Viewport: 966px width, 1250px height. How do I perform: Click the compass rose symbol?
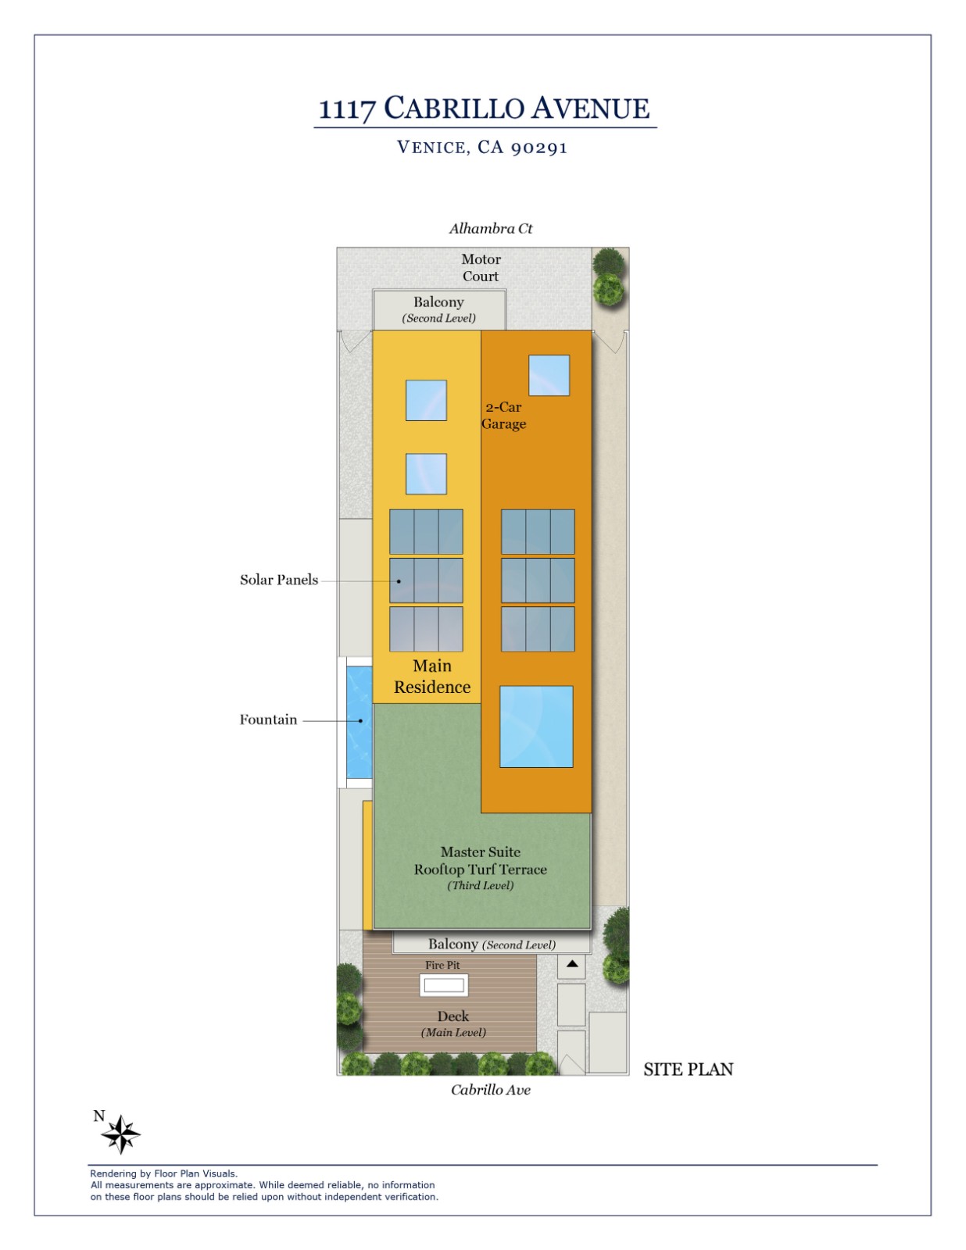pyautogui.click(x=121, y=1134)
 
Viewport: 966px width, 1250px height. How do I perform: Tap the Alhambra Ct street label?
pyautogui.click(x=490, y=228)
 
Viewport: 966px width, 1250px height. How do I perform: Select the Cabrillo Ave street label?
pyautogui.click(x=490, y=1090)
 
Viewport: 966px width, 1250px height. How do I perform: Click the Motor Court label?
pyautogui.click(x=481, y=267)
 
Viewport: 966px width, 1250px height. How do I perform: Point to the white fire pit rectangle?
pyautogui.click(x=443, y=985)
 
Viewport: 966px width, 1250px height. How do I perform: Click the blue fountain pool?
pyautogui.click(x=359, y=721)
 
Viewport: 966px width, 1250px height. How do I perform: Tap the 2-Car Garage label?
pyautogui.click(x=503, y=416)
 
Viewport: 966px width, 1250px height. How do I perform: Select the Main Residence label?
pyautogui.click(x=432, y=677)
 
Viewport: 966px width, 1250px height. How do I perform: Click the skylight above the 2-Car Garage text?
pyautogui.click(x=549, y=375)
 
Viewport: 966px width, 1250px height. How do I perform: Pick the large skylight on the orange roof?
pyautogui.click(x=536, y=727)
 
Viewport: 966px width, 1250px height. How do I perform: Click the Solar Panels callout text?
pyautogui.click(x=279, y=580)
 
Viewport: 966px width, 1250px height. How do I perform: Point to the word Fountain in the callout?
pyautogui.click(x=268, y=720)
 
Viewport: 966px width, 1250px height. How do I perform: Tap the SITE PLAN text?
pyautogui.click(x=688, y=1070)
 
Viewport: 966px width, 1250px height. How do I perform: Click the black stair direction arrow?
pyautogui.click(x=571, y=964)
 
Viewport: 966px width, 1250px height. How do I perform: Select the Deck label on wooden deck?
pyautogui.click(x=453, y=1016)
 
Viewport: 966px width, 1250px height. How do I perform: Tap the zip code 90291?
pyautogui.click(x=538, y=148)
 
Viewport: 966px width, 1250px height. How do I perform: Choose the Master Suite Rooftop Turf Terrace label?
pyautogui.click(x=481, y=861)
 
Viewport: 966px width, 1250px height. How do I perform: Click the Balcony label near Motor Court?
pyautogui.click(x=438, y=302)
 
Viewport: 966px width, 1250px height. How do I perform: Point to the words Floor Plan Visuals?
pyautogui.click(x=195, y=1173)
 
